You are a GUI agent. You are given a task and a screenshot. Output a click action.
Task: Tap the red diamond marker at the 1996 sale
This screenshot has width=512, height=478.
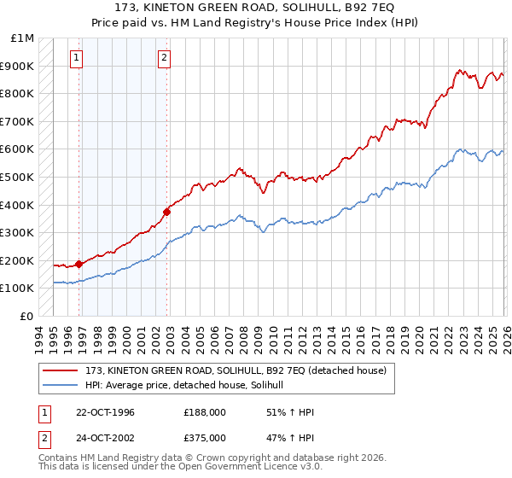pyautogui.click(x=79, y=264)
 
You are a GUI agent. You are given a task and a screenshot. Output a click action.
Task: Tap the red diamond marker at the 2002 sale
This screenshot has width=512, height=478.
pyautogui.click(x=166, y=212)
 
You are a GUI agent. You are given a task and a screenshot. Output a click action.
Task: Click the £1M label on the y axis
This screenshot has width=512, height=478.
pyautogui.click(x=23, y=38)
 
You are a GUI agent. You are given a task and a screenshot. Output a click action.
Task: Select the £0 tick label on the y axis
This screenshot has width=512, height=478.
pyautogui.click(x=27, y=316)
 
